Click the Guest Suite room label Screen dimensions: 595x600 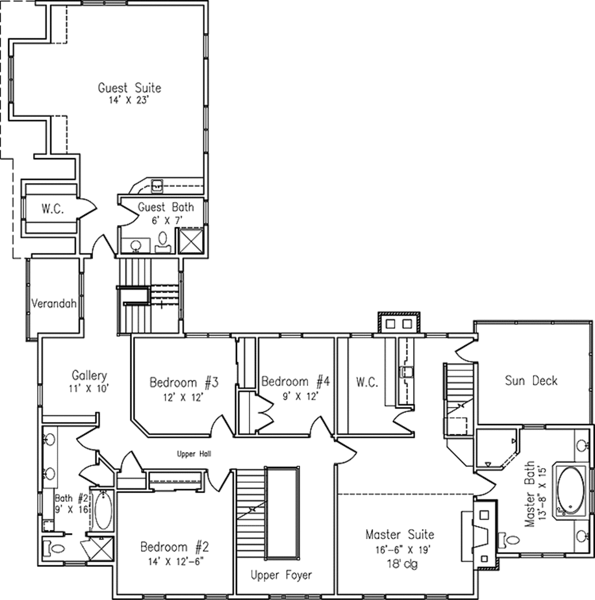[130, 88]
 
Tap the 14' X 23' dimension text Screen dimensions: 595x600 [128, 101]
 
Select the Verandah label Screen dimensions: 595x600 [54, 304]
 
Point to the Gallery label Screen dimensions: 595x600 [89, 376]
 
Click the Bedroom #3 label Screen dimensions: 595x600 [184, 383]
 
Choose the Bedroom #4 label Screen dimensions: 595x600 [296, 381]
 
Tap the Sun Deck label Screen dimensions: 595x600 [531, 381]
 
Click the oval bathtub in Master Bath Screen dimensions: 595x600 [571, 490]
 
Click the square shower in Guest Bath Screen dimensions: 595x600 [191, 240]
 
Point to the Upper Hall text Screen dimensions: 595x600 [194, 454]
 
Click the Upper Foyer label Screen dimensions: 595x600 [281, 575]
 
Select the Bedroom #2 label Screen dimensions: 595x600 [175, 547]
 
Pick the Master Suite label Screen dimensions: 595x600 [400, 534]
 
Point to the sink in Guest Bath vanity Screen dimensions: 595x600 [136, 245]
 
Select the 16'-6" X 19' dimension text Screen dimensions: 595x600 [403, 550]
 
